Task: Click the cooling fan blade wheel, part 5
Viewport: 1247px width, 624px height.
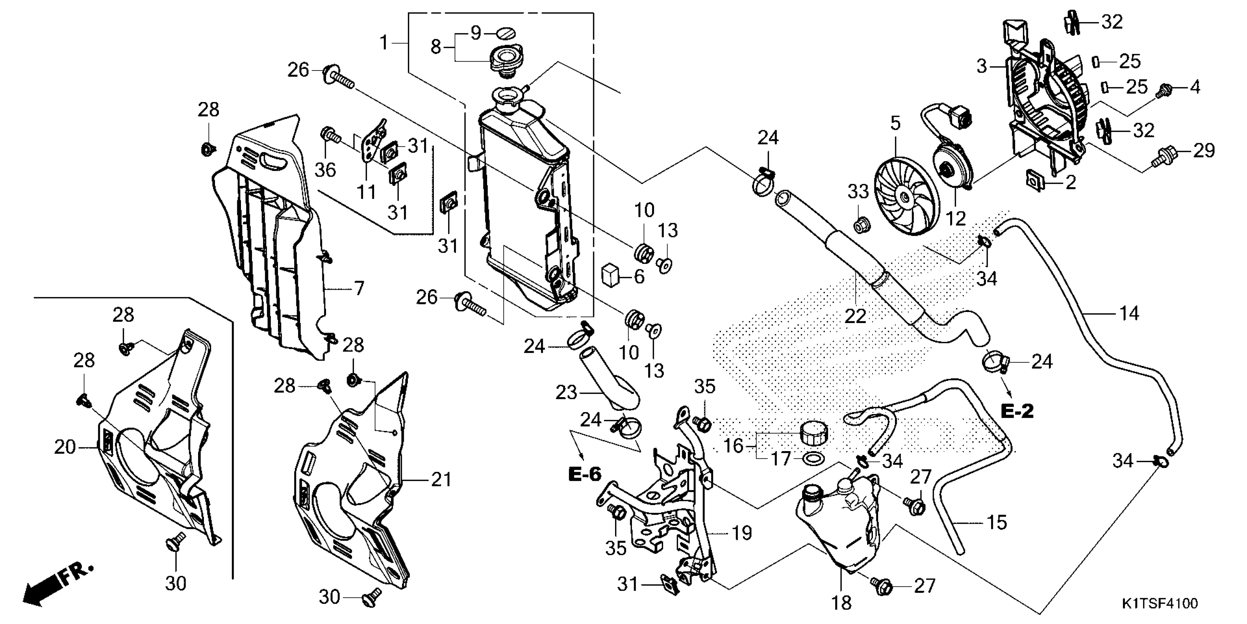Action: (x=906, y=197)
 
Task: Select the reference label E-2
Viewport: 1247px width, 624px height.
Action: (x=1017, y=411)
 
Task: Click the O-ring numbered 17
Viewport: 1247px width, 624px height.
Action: (x=813, y=458)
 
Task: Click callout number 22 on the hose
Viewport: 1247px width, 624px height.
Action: (x=855, y=316)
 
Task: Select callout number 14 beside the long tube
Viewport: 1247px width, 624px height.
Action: (x=1129, y=313)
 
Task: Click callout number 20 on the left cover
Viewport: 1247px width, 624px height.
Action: (x=65, y=447)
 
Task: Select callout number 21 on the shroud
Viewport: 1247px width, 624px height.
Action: (x=441, y=479)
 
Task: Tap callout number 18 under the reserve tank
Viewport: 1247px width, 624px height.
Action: (x=841, y=603)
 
